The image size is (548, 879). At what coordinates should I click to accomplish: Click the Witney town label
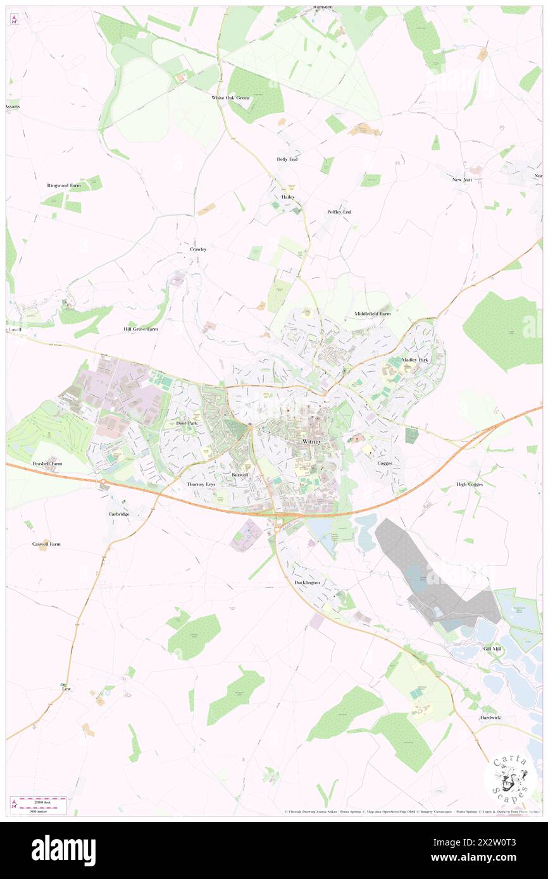tap(312, 441)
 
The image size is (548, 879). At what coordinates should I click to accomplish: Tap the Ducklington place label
tap(307, 582)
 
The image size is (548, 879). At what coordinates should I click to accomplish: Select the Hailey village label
tap(288, 197)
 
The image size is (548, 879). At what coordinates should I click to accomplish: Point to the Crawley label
tap(198, 249)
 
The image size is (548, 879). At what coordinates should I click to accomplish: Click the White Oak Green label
tap(230, 98)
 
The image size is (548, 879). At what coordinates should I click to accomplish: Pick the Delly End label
tap(287, 159)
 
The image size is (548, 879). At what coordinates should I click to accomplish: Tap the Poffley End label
tap(339, 212)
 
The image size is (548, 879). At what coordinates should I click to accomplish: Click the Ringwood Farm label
tap(64, 185)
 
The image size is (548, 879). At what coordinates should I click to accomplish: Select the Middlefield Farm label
tap(373, 314)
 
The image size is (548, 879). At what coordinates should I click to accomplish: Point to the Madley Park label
tap(415, 360)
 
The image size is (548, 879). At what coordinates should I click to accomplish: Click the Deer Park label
tap(187, 423)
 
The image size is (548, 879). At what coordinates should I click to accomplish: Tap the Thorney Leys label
tap(201, 484)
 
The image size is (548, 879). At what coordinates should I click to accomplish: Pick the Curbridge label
tap(118, 514)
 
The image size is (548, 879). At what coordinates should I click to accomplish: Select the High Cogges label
tap(470, 484)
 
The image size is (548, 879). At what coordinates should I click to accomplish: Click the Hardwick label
tap(490, 718)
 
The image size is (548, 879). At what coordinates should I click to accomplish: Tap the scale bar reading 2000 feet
tap(39, 801)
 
